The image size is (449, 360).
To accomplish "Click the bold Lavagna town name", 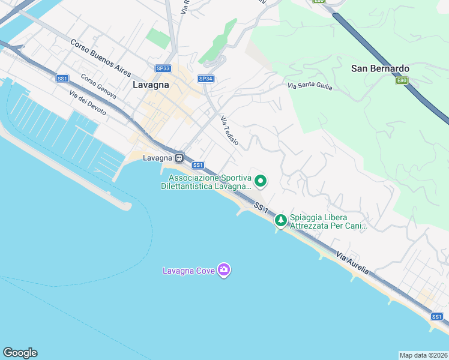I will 149,85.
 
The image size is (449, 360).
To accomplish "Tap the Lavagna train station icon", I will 179,158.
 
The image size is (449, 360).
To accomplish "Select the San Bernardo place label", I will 380,68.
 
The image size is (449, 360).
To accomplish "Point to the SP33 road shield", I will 163,69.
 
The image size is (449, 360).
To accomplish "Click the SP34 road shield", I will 205,79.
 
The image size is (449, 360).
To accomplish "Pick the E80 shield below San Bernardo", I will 402,80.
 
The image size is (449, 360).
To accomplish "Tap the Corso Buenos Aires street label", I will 100,58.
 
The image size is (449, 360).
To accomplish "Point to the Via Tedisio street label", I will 229,130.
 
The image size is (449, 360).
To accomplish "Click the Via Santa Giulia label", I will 309,87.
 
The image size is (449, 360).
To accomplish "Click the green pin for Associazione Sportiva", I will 261,180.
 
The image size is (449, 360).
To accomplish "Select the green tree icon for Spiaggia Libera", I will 280,220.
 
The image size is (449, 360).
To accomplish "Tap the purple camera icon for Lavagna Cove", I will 224,271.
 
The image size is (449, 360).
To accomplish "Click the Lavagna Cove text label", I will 189,271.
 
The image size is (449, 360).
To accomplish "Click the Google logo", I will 20,352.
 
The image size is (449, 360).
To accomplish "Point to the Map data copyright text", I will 424,355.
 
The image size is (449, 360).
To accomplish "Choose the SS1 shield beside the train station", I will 197,165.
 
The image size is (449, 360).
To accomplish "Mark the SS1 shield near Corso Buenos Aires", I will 62,79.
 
